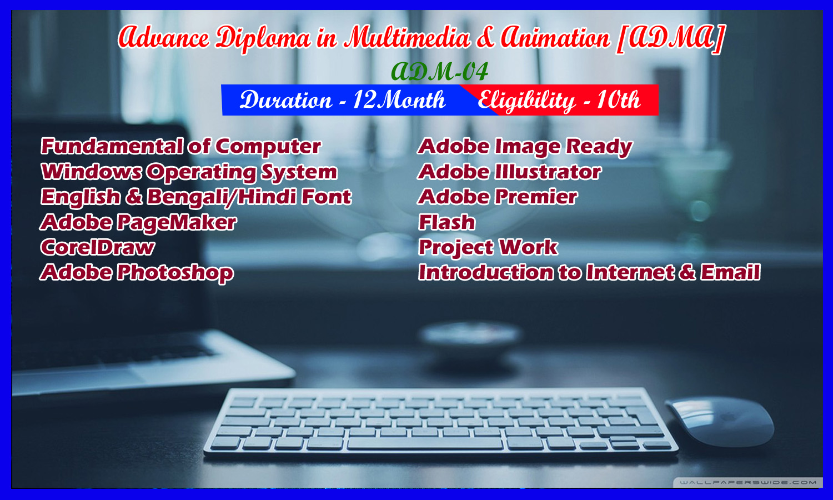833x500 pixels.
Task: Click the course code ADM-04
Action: [440, 72]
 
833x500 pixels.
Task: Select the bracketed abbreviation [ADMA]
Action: [670, 39]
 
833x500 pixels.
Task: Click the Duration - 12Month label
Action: [343, 100]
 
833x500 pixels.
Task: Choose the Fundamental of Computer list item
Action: [180, 146]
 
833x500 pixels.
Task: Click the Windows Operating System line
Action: [189, 172]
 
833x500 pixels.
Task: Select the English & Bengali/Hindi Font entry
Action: [195, 197]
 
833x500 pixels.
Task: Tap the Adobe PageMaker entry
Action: [138, 222]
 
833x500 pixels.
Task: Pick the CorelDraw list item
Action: [97, 247]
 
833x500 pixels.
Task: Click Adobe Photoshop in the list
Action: [137, 273]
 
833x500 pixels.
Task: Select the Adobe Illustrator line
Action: [509, 172]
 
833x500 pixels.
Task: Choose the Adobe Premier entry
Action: [498, 197]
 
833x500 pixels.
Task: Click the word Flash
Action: [447, 222]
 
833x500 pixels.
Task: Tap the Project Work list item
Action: [488, 248]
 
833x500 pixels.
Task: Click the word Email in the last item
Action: [730, 272]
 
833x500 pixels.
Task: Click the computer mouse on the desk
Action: [721, 421]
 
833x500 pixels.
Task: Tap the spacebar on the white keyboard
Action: [425, 443]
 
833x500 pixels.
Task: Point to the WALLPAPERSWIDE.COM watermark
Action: [748, 483]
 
